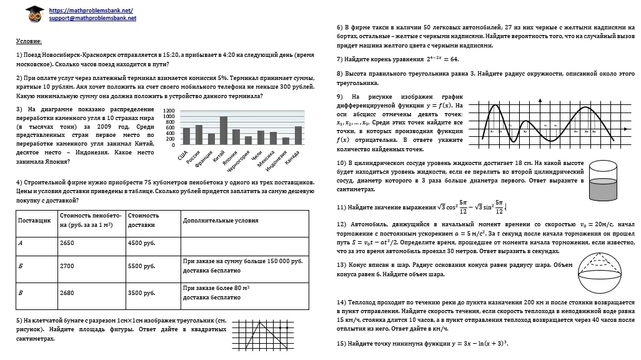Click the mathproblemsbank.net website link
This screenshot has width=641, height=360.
coord(91,11)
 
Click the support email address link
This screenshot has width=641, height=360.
coord(92,19)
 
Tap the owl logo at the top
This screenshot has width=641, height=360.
coord(35,13)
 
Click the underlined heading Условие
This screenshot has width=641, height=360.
coord(29,41)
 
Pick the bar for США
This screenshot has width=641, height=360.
coord(186,136)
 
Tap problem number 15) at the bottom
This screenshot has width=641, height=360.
coord(341,344)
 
